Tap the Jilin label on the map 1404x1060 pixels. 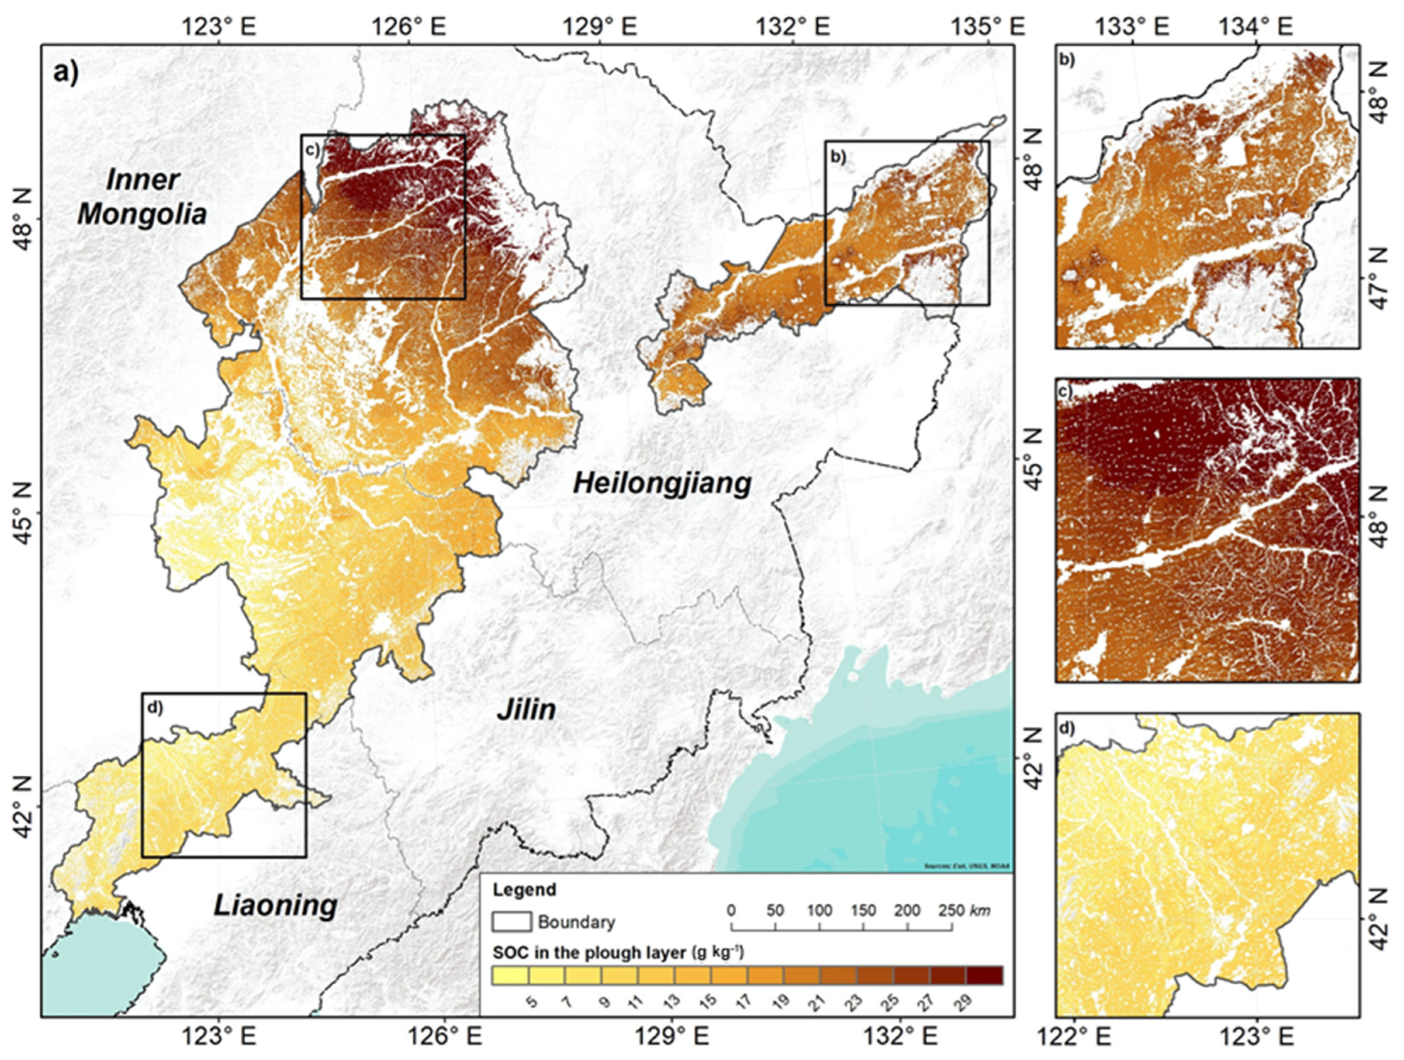point(526,709)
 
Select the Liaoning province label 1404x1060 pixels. point(275,905)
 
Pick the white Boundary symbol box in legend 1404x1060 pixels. point(511,921)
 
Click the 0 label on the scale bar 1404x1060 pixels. point(732,910)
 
